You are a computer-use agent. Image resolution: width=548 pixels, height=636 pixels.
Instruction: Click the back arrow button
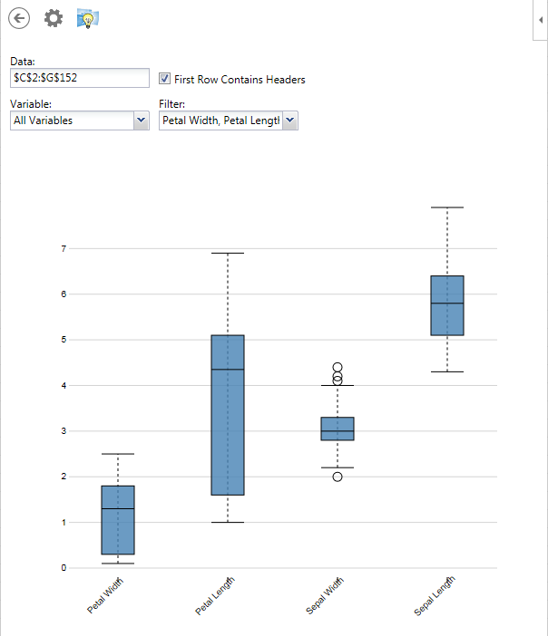pos(19,17)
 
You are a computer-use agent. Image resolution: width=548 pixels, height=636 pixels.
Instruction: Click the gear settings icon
pos(54,17)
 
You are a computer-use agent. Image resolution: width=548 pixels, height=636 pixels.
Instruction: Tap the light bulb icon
pos(88,18)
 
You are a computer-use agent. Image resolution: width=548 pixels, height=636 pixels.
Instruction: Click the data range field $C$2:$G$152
pos(79,78)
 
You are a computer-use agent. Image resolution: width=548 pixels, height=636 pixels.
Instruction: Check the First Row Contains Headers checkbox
pos(165,79)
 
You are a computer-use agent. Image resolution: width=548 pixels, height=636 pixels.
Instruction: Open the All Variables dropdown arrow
pos(141,120)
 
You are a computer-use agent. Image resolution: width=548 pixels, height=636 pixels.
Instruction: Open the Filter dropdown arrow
pos(289,120)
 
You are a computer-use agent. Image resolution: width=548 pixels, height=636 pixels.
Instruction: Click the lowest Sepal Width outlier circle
pos(338,477)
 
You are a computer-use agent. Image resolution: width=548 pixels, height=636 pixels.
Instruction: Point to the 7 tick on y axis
pos(64,247)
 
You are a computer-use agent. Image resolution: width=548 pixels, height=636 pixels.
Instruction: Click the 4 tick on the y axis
pos(64,385)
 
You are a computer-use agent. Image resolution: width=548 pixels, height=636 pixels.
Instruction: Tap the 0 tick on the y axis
pos(64,568)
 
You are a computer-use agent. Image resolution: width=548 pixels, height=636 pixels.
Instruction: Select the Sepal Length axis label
pos(434,597)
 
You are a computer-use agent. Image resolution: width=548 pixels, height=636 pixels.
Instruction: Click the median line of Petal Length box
pos(228,370)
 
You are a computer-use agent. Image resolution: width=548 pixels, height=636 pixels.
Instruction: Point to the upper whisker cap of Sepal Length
pos(447,207)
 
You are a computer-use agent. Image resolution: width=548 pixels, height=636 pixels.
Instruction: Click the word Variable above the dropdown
pos(31,104)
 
